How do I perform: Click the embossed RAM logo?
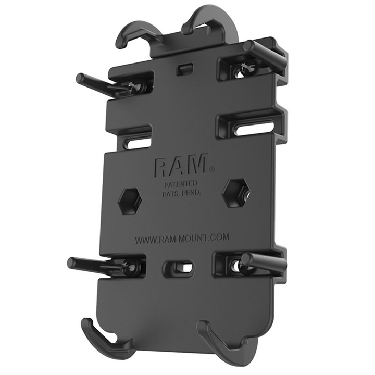point(180,166)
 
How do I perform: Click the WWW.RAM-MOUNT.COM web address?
point(182,239)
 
